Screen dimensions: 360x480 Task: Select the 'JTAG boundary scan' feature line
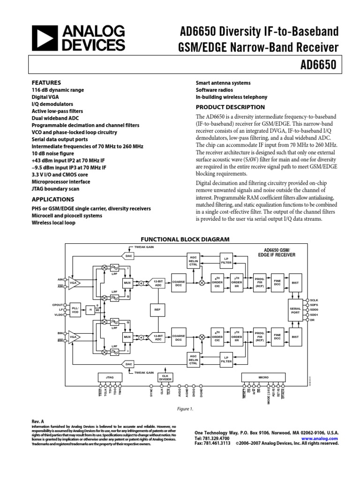click(x=56, y=189)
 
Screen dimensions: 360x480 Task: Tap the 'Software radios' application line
click(x=214, y=90)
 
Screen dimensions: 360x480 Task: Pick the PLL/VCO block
click(x=75, y=309)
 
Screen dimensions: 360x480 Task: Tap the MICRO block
click(x=262, y=377)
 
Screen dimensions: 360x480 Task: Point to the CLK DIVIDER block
click(x=165, y=377)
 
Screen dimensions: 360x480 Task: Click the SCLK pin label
click(x=314, y=299)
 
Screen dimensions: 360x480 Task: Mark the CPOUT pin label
click(x=57, y=305)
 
